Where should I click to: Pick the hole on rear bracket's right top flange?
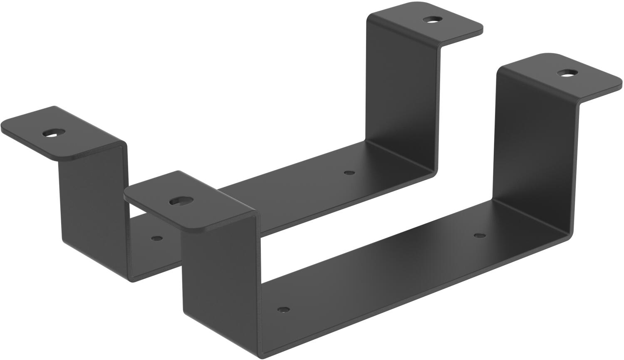point(433,19)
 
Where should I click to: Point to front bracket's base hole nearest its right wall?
point(480,235)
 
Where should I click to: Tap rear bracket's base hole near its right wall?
point(349,172)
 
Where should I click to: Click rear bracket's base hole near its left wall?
point(157,238)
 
